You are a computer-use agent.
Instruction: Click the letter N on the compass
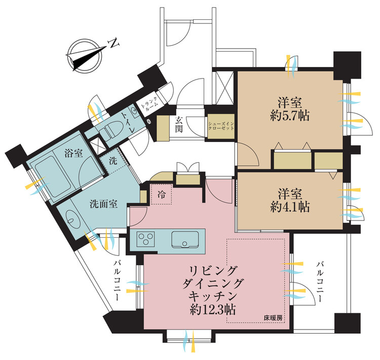114,43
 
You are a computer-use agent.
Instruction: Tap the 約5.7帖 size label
290,116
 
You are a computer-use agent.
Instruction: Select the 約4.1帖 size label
290,207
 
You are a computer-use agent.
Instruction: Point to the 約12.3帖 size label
213,310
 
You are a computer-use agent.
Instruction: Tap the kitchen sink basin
185,239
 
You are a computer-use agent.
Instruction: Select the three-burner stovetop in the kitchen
145,239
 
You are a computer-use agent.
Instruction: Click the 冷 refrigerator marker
162,194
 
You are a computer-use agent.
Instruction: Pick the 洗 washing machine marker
113,161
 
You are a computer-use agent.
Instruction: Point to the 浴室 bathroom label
73,153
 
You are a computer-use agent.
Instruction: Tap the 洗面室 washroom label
103,204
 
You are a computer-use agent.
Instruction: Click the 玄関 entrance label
179,124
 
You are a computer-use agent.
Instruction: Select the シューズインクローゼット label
221,126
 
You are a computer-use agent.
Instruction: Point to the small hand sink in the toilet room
133,111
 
